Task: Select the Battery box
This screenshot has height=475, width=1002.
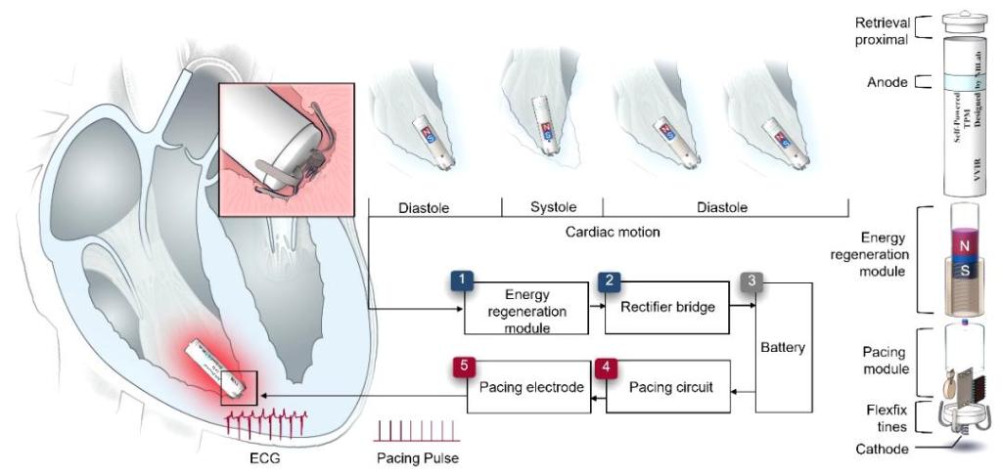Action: tap(788, 347)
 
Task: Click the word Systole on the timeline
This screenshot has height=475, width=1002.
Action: tap(552, 207)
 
